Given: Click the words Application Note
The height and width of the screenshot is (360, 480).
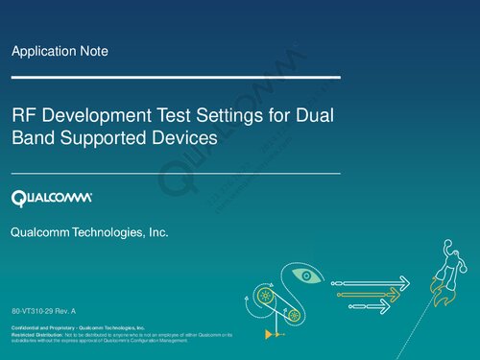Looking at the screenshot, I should pos(59,51).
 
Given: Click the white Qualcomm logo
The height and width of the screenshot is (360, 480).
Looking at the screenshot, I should pos(52,198).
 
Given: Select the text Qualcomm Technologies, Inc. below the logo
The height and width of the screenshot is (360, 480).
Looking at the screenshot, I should pos(88,233).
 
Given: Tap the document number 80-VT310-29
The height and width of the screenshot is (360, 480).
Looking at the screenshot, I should pos(36,313).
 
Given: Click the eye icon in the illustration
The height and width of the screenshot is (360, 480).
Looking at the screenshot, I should pos(306,276).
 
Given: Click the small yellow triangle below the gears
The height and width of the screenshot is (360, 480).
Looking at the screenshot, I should pos(266,336).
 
